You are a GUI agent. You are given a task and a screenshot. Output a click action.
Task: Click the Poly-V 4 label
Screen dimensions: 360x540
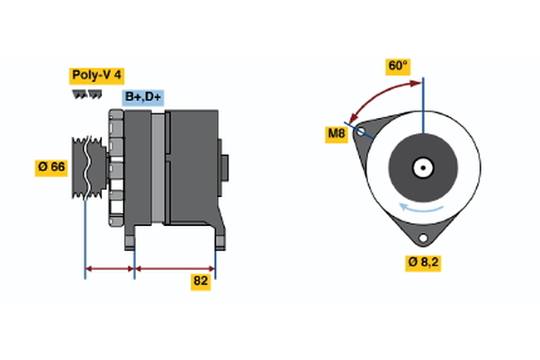tap(97, 76)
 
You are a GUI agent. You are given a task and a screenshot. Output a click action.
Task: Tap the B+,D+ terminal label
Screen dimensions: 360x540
tap(143, 97)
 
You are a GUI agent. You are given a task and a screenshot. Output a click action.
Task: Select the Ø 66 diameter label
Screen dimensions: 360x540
tap(51, 166)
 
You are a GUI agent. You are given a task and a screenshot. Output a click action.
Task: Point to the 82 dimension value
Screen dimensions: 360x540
tap(201, 282)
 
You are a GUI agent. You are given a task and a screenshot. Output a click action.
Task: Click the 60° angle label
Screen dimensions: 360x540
tap(397, 66)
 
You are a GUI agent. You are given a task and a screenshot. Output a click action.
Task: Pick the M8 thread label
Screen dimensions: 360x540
tap(337, 135)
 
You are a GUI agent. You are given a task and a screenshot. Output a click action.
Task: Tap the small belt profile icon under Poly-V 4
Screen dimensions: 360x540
tap(86, 94)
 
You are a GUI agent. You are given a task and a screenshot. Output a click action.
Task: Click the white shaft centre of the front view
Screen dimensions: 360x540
tap(422, 167)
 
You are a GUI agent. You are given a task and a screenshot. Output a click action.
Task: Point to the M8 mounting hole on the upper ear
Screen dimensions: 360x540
tap(361, 132)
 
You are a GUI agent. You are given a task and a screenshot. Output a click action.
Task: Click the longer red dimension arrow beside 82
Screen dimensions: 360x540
tap(175, 267)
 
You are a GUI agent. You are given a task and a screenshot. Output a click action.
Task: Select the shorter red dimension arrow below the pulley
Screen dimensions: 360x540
tap(110, 267)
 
